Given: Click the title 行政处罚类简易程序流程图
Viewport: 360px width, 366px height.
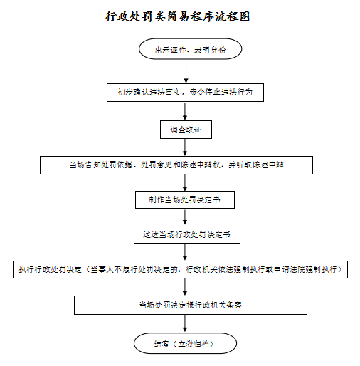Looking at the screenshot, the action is click(x=178, y=16).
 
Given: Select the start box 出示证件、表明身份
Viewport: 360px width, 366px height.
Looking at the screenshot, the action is click(x=190, y=49).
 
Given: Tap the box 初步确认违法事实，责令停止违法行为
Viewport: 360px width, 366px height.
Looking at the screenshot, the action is click(x=185, y=93).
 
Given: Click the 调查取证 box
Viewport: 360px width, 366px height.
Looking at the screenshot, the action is click(x=186, y=130).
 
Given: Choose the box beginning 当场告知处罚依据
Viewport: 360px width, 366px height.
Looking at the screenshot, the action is click(x=176, y=165).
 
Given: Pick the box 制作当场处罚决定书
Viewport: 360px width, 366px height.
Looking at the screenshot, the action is click(x=185, y=200).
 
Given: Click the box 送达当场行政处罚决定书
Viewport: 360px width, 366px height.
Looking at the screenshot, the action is click(x=187, y=235).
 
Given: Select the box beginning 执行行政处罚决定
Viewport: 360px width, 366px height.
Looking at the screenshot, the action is click(x=180, y=269).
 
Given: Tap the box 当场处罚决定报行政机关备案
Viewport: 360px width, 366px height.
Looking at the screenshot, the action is click(x=191, y=305).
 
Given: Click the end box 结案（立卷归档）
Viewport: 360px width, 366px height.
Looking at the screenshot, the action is click(x=185, y=343).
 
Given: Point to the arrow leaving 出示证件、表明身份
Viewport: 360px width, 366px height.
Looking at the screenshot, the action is click(x=186, y=72).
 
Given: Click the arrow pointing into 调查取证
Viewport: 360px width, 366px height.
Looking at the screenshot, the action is click(x=185, y=111).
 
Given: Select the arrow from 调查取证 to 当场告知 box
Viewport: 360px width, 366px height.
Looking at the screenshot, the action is click(x=185, y=147).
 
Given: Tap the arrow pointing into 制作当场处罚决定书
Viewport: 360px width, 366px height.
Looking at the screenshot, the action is click(x=185, y=183).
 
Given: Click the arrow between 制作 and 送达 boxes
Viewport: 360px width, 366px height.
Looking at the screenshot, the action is click(x=185, y=217).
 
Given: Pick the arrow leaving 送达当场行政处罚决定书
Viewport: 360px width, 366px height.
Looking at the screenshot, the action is click(x=185, y=252).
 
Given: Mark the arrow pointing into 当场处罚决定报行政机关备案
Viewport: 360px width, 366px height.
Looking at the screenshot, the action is click(x=185, y=287).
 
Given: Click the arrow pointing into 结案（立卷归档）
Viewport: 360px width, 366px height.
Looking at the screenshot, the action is click(x=185, y=323).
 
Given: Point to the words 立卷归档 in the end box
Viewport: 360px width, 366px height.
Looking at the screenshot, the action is click(x=194, y=344).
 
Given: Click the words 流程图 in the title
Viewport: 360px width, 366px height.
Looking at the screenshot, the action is click(x=233, y=16).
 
